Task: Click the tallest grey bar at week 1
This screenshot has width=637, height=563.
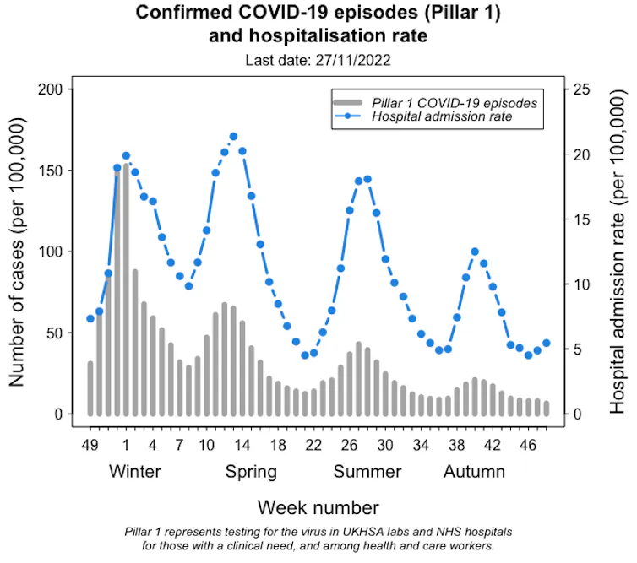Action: (x=126, y=287)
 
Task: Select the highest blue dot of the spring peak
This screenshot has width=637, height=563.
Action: (x=233, y=137)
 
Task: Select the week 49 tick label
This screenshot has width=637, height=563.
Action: (x=90, y=444)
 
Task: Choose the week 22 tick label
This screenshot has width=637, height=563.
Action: (x=313, y=444)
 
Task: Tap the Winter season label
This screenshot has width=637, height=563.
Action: (x=135, y=471)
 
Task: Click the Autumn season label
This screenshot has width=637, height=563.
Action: (x=475, y=471)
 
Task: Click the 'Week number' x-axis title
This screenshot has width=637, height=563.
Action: (x=318, y=507)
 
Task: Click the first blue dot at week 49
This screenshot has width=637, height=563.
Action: (x=90, y=318)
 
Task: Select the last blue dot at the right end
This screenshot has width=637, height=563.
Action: (x=546, y=343)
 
